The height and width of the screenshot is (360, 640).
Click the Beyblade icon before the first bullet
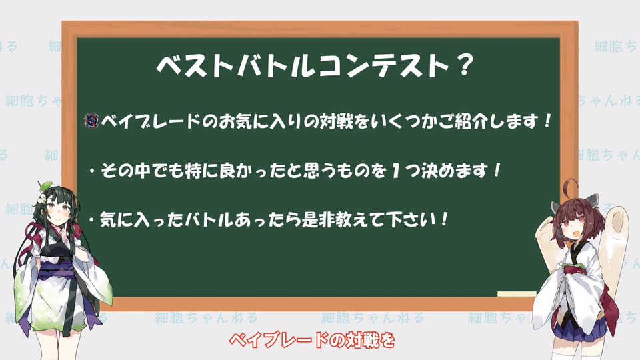pos(92,121)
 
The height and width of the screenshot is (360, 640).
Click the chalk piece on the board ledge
pos(517,294)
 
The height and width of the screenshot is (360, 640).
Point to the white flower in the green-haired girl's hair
pos(41,199)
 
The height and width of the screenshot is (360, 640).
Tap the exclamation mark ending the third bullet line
pos(444,220)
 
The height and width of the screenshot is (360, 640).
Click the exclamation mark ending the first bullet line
pos(547,121)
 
